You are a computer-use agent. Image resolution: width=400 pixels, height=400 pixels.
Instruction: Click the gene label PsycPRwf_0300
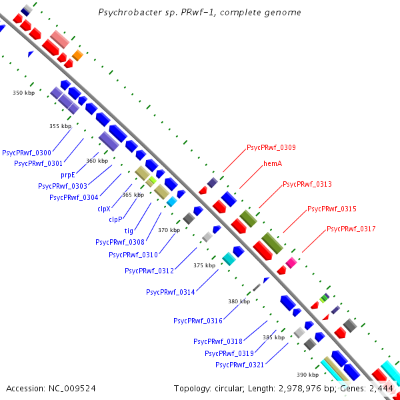(27, 153)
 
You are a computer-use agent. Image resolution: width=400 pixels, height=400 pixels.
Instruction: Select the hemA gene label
(272, 163)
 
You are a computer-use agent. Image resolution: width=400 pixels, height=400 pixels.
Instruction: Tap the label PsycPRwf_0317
(351, 229)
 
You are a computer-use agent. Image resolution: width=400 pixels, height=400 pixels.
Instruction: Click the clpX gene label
(103, 209)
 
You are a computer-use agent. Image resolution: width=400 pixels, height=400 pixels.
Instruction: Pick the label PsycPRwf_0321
(240, 365)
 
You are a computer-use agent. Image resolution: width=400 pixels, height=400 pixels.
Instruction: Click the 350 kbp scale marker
(23, 93)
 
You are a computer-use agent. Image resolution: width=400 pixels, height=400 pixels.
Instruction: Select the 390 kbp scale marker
(307, 375)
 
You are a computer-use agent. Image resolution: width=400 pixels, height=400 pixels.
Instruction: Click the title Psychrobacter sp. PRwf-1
(199, 13)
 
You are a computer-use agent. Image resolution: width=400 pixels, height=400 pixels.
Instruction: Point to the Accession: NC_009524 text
(51, 388)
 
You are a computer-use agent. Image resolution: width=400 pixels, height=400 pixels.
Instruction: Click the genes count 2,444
(381, 388)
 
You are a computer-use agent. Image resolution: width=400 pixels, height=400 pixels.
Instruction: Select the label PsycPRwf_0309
(271, 147)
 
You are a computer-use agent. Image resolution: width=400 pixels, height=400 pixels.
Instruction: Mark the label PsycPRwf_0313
(307, 184)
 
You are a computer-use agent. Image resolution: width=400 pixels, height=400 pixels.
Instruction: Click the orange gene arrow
(77, 55)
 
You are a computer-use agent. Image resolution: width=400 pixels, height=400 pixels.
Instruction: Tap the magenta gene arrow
(291, 262)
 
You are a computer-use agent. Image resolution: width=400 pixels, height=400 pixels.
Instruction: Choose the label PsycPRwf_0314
(171, 291)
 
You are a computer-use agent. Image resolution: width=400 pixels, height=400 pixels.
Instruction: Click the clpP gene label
(115, 219)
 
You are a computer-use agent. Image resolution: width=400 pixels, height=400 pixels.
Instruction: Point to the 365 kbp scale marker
(133, 195)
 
